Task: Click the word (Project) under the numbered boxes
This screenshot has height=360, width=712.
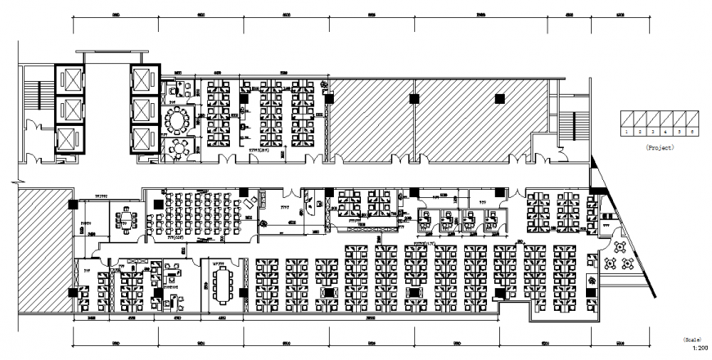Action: click(x=658, y=148)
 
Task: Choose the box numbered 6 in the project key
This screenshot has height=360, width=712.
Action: click(x=692, y=131)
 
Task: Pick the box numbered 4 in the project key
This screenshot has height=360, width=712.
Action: click(x=665, y=131)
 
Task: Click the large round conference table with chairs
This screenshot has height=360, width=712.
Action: click(x=177, y=120)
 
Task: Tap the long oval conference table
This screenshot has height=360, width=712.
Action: click(x=223, y=283)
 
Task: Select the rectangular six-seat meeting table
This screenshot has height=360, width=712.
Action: click(x=127, y=219)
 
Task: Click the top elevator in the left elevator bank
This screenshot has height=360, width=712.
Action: click(x=68, y=80)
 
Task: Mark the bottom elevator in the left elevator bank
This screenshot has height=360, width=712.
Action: click(x=68, y=140)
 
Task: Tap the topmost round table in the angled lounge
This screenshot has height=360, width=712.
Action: click(x=620, y=245)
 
